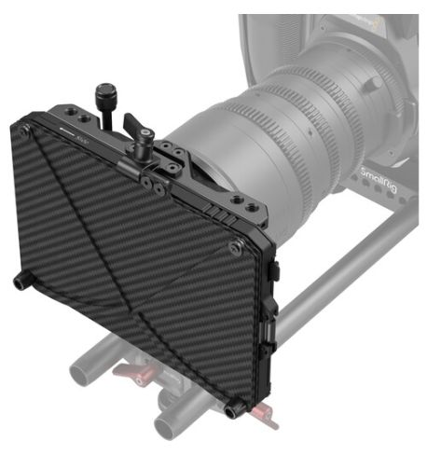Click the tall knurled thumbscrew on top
103,96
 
